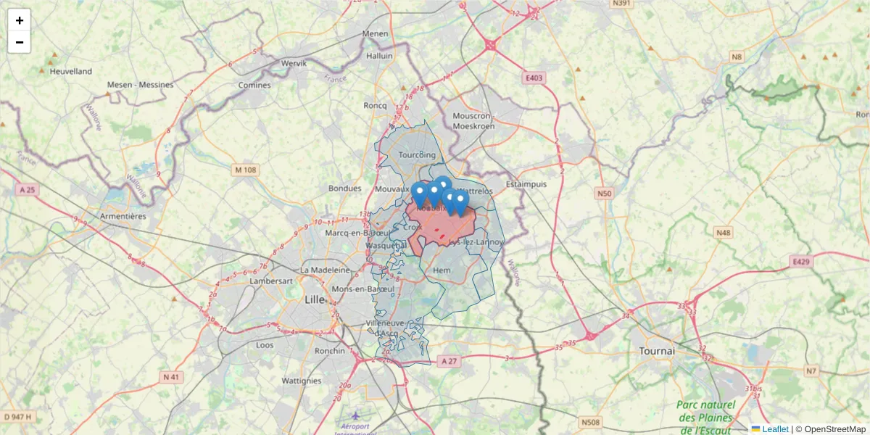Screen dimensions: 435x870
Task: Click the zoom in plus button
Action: (x=20, y=20)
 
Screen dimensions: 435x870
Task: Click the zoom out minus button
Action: (x=20, y=42)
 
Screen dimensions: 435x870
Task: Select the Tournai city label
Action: (x=657, y=351)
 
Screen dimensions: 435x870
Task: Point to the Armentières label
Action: (x=123, y=216)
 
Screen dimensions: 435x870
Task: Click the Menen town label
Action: (x=376, y=33)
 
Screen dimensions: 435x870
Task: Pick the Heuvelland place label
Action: (x=71, y=71)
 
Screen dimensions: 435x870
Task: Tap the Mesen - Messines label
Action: (x=140, y=85)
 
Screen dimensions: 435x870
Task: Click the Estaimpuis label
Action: (x=526, y=184)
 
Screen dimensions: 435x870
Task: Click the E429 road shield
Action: (x=800, y=262)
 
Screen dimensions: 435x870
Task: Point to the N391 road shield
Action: (x=621, y=4)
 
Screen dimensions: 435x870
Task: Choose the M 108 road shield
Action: (x=246, y=170)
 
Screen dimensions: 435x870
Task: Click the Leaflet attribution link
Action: (x=774, y=429)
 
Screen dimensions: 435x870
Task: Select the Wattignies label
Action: (x=301, y=381)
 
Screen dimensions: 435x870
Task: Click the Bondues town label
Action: (x=344, y=188)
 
